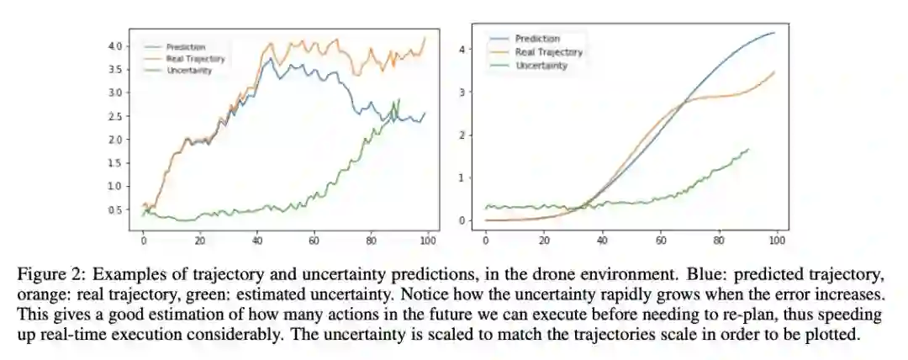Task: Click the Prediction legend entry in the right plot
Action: (537, 39)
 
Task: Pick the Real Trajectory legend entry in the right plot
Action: (548, 52)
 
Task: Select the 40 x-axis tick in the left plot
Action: (256, 239)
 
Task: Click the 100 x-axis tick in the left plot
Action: (426, 239)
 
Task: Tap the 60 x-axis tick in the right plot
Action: (661, 239)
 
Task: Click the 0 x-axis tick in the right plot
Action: (486, 239)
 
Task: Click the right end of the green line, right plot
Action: (748, 149)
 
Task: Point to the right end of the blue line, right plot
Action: (774, 33)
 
